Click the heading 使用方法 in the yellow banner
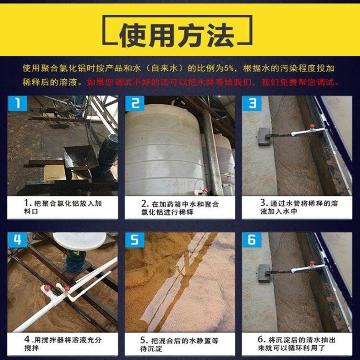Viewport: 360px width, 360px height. point(177,36)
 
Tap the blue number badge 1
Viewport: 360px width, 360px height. point(17,103)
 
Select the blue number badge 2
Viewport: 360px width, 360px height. point(135,103)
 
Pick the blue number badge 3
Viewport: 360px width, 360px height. point(252,103)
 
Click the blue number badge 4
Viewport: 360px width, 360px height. point(17,240)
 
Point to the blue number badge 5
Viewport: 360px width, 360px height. point(135,240)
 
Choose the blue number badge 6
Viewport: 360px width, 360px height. point(252,240)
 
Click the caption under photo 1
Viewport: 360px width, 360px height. point(63,207)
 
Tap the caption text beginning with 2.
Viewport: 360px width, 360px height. point(180,208)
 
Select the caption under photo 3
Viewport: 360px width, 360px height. point(299,207)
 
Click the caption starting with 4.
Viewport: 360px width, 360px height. point(63,344)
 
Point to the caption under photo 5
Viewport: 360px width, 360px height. point(180,344)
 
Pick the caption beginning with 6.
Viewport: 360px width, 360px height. point(297,344)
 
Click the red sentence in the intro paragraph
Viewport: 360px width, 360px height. point(213,82)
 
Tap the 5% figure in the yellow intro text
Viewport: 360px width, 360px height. point(228,68)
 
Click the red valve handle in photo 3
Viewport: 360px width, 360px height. point(312,126)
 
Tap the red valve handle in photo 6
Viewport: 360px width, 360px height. point(312,263)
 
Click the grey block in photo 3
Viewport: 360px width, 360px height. point(264,137)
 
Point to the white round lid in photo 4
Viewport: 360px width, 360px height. point(79,241)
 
